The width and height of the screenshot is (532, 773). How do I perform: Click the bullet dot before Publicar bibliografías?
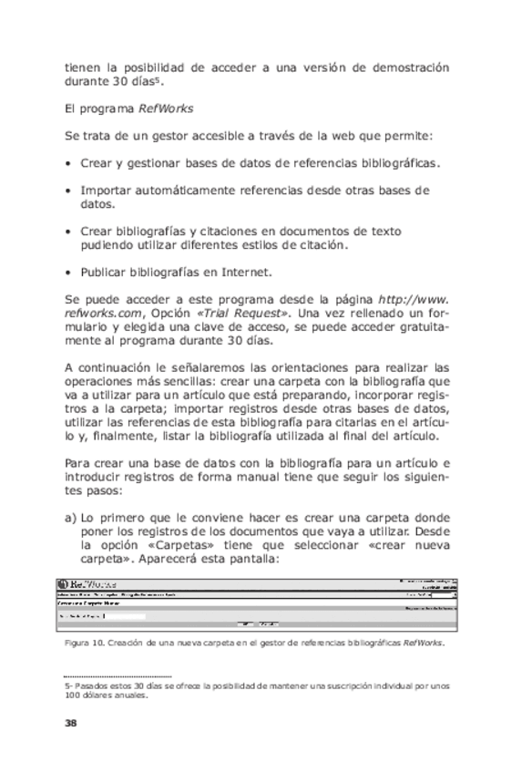tap(69, 272)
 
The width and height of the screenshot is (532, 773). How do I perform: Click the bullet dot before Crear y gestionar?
tap(69, 164)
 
